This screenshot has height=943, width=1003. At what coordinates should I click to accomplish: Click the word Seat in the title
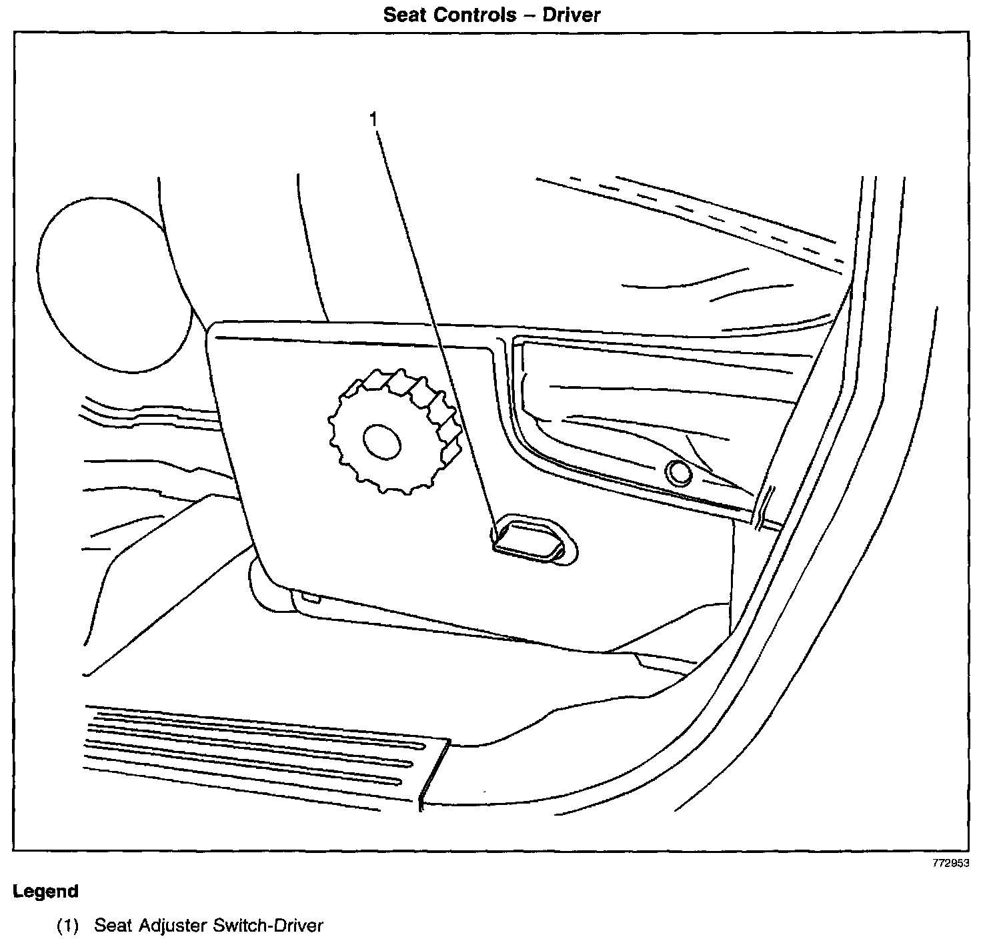point(405,15)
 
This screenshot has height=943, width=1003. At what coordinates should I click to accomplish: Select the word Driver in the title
point(572,15)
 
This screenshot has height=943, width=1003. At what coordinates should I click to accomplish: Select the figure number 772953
point(950,862)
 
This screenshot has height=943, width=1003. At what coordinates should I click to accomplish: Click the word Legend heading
point(46,892)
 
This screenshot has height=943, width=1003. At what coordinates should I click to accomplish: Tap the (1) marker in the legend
point(67,926)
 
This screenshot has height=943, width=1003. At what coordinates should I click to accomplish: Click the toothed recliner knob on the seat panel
point(393,430)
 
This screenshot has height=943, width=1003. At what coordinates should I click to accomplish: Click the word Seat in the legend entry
point(111,926)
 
